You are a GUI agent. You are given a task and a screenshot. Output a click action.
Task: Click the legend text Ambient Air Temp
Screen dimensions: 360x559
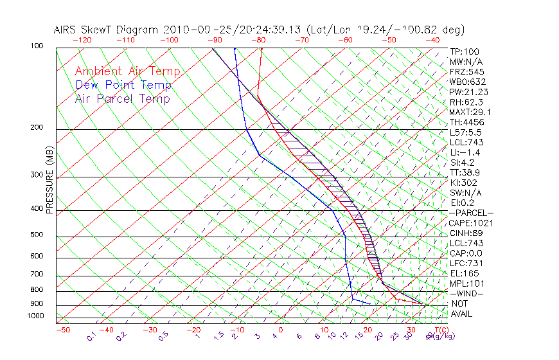127,71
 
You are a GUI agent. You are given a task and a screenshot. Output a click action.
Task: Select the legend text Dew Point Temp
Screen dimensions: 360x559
123,85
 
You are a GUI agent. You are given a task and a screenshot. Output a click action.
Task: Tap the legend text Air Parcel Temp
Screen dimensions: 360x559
122,98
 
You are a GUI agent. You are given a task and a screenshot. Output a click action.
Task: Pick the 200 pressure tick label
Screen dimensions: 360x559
36,127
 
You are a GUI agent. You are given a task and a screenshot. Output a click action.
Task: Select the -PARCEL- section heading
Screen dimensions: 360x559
471,213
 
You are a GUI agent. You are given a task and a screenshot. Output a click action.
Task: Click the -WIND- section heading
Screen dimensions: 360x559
467,293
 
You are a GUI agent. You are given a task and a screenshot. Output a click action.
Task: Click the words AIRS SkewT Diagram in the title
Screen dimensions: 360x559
107,30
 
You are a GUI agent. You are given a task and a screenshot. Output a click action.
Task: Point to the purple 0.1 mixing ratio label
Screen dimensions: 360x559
92,336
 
